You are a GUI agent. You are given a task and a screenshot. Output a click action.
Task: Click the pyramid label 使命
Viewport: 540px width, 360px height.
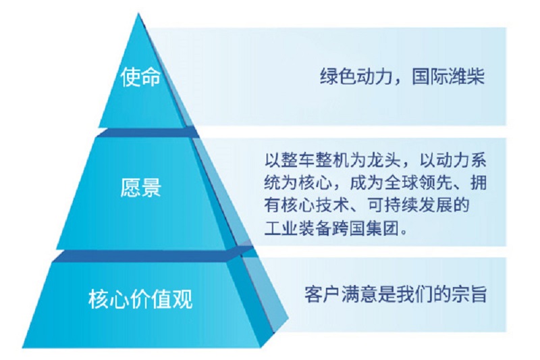pyautogui.click(x=140, y=76)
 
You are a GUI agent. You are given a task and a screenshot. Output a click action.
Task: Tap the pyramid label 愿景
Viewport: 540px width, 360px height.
pyautogui.click(x=141, y=187)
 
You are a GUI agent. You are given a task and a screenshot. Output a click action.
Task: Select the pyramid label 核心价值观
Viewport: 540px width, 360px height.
pyautogui.click(x=140, y=299)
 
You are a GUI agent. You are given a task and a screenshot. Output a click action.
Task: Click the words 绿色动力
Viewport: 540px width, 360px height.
pyautogui.click(x=356, y=76)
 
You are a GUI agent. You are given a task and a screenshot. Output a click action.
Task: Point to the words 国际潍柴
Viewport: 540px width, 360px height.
pyautogui.click(x=448, y=76)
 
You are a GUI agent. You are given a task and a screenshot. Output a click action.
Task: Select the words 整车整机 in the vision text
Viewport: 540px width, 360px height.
pyautogui.click(x=315, y=160)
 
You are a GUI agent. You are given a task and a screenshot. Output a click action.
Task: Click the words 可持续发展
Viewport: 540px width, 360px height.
pyautogui.click(x=410, y=205)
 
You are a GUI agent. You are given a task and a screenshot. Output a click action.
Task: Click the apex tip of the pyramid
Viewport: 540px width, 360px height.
pyautogui.click(x=138, y=14)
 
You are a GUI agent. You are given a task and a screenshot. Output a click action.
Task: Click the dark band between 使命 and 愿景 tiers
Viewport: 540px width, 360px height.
pyautogui.click(x=147, y=132)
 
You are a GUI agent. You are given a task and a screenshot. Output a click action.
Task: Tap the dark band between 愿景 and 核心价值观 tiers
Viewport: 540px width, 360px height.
pyautogui.click(x=151, y=255)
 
